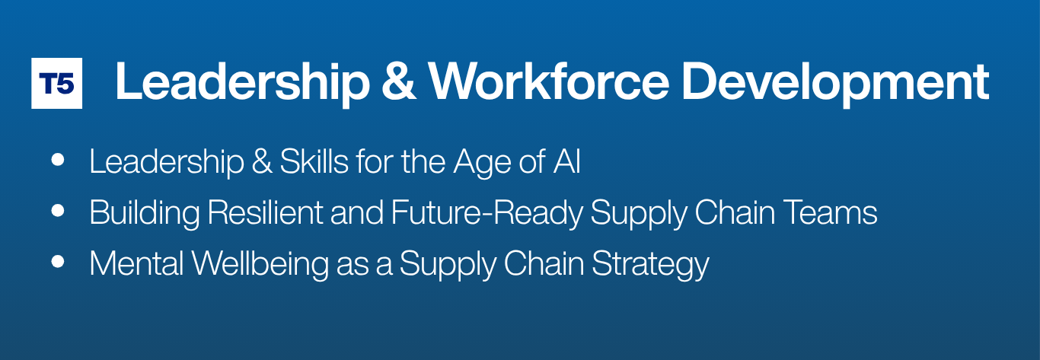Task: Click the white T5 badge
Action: pos(56,84)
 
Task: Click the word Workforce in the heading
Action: pos(548,81)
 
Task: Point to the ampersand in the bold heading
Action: pos(398,81)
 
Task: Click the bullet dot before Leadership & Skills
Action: pos(58,160)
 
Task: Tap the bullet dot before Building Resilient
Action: pos(58,211)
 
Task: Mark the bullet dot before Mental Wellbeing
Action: pos(58,261)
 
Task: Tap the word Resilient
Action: pos(265,212)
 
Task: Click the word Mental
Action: pos(136,263)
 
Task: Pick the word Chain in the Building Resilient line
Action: pos(735,212)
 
